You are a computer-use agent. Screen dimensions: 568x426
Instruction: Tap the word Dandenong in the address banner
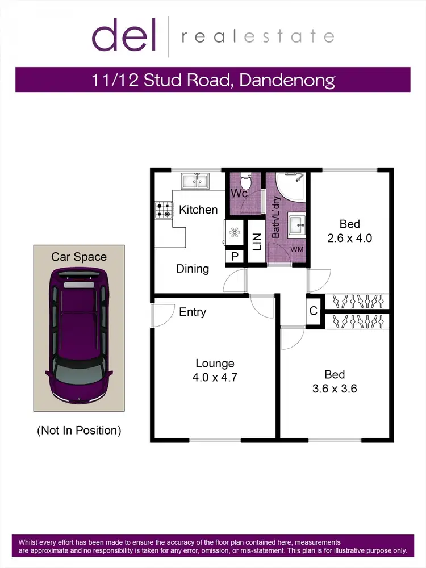point(287,80)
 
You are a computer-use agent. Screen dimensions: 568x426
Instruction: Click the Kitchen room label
point(198,210)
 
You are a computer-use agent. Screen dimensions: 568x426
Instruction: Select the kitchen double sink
point(195,182)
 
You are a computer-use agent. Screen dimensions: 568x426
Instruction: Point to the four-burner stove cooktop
point(164,210)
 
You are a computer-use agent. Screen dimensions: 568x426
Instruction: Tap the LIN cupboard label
point(256,242)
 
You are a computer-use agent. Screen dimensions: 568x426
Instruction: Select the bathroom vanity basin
point(297,225)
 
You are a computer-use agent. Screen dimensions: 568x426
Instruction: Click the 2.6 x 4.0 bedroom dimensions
point(349,239)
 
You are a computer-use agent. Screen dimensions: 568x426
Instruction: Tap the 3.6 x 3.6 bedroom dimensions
point(335,390)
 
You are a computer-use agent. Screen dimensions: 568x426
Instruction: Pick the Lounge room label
point(215,364)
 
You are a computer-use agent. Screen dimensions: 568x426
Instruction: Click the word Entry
point(193,312)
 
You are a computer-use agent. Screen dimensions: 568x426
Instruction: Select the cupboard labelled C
point(314,311)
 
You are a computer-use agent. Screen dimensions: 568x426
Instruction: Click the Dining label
point(193,269)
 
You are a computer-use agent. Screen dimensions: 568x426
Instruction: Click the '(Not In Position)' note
point(79,431)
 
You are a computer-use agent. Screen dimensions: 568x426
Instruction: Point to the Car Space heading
point(79,257)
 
